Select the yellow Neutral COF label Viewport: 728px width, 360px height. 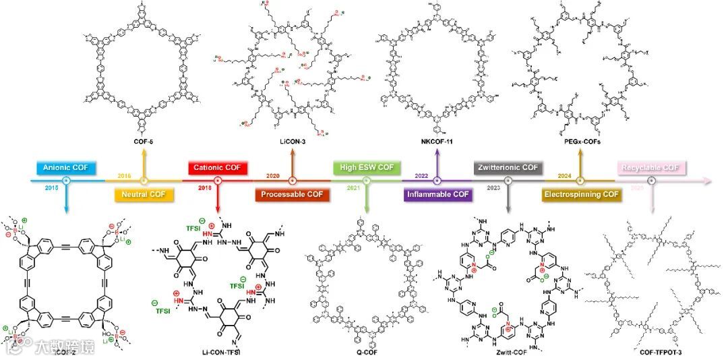click(x=143, y=196)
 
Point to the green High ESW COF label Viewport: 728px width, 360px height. click(x=367, y=167)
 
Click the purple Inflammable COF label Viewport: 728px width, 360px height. click(x=437, y=196)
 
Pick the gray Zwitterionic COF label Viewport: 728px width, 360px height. click(x=508, y=167)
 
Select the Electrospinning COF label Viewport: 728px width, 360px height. click(x=581, y=196)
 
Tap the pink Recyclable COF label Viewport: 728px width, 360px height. click(x=650, y=167)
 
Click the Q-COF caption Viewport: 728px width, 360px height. click(x=366, y=351)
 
